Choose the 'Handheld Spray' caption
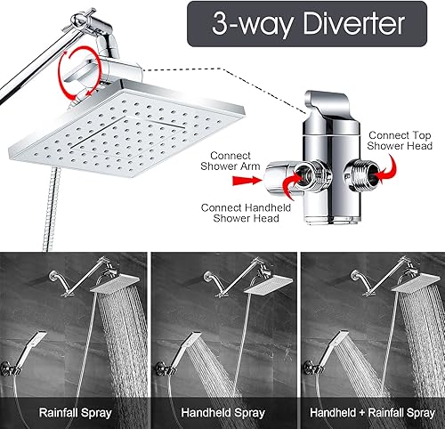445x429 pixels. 222,412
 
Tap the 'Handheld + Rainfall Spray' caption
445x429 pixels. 372,412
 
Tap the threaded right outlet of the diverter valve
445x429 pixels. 352,166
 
